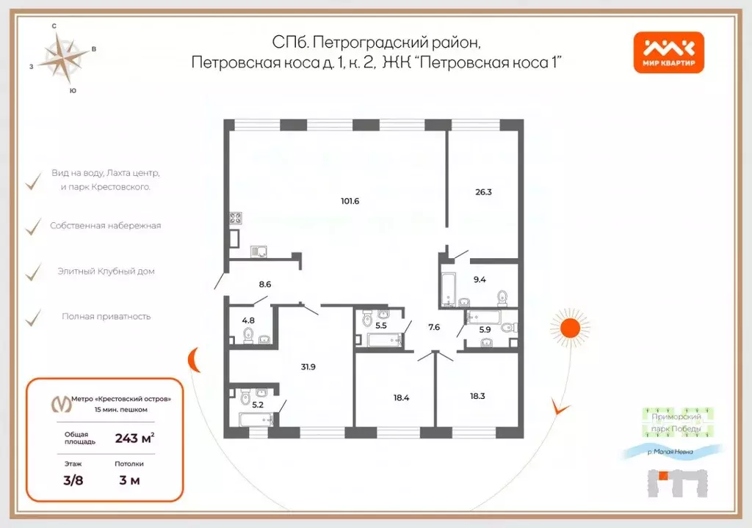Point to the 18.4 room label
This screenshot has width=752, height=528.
(401, 398)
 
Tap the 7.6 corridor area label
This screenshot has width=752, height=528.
(434, 327)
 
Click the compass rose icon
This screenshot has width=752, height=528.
(64, 59)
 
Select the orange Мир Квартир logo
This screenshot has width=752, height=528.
(669, 53)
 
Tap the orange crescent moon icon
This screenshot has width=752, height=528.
(194, 360)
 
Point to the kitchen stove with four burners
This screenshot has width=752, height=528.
(236, 218)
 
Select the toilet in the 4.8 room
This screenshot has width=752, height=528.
(248, 336)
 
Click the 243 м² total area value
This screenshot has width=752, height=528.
(134, 439)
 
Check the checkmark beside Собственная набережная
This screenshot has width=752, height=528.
(33, 227)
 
